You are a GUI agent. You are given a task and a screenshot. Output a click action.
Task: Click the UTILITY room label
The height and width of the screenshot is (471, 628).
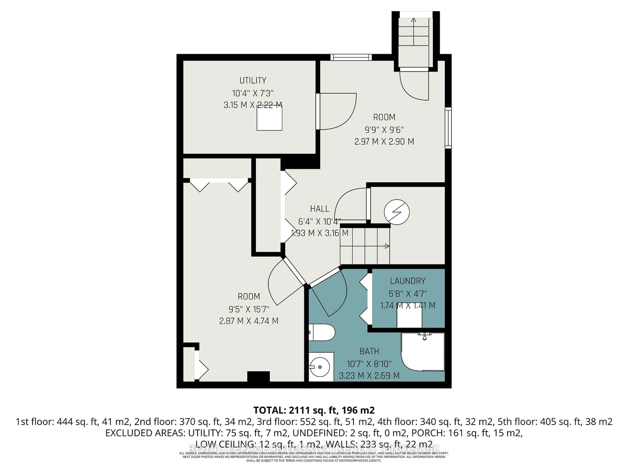point(253,81)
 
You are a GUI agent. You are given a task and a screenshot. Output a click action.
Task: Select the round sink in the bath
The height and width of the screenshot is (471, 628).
point(320,367)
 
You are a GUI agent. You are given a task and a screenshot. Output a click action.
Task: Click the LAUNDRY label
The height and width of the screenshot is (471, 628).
point(408,281)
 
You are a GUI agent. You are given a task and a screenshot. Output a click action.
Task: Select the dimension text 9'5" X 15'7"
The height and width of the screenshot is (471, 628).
point(249,309)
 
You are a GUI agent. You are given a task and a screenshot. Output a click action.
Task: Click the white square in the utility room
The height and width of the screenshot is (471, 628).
point(269,118)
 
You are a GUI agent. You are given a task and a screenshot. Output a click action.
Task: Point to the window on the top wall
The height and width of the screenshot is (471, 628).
point(351,57)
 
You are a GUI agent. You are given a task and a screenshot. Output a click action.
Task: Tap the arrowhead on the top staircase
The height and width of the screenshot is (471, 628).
point(414,20)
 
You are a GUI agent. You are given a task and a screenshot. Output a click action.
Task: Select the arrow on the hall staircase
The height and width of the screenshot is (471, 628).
point(387,246)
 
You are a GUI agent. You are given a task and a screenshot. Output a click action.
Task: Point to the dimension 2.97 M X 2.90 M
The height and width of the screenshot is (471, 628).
point(384,141)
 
